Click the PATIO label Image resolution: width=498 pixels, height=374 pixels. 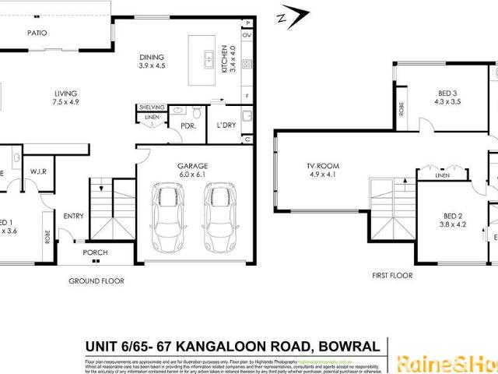(x=37, y=34)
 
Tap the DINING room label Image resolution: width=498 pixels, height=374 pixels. (x=152, y=57)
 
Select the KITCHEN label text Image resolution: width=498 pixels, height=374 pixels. (x=223, y=58)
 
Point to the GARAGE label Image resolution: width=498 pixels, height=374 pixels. (x=194, y=166)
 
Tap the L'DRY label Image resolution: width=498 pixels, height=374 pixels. (x=226, y=125)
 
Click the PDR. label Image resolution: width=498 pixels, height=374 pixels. (x=188, y=125)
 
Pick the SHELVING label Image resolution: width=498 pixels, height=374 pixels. (x=152, y=108)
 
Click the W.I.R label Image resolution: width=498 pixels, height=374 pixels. (x=40, y=171)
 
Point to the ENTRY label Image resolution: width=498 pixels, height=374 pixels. (x=73, y=217)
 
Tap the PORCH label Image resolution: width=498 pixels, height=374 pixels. (x=95, y=252)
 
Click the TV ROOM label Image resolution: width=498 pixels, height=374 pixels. (x=321, y=165)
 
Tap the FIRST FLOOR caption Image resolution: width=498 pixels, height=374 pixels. (x=391, y=275)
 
